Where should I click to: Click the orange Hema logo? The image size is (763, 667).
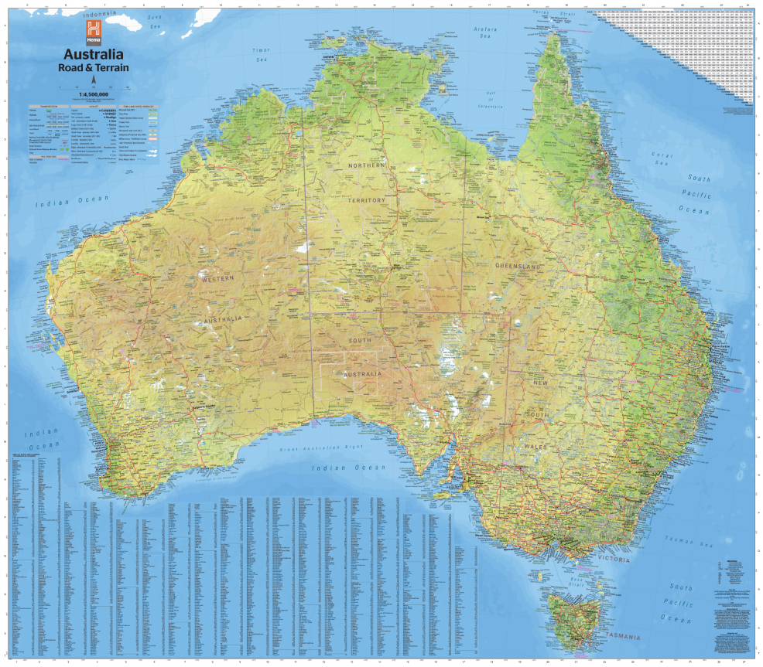93,32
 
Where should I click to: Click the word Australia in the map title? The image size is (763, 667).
93,55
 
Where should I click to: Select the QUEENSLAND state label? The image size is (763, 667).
519,265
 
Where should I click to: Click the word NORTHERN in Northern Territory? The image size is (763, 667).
367,166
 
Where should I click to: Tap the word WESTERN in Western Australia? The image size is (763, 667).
218,280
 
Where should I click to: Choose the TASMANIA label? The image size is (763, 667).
624,637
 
